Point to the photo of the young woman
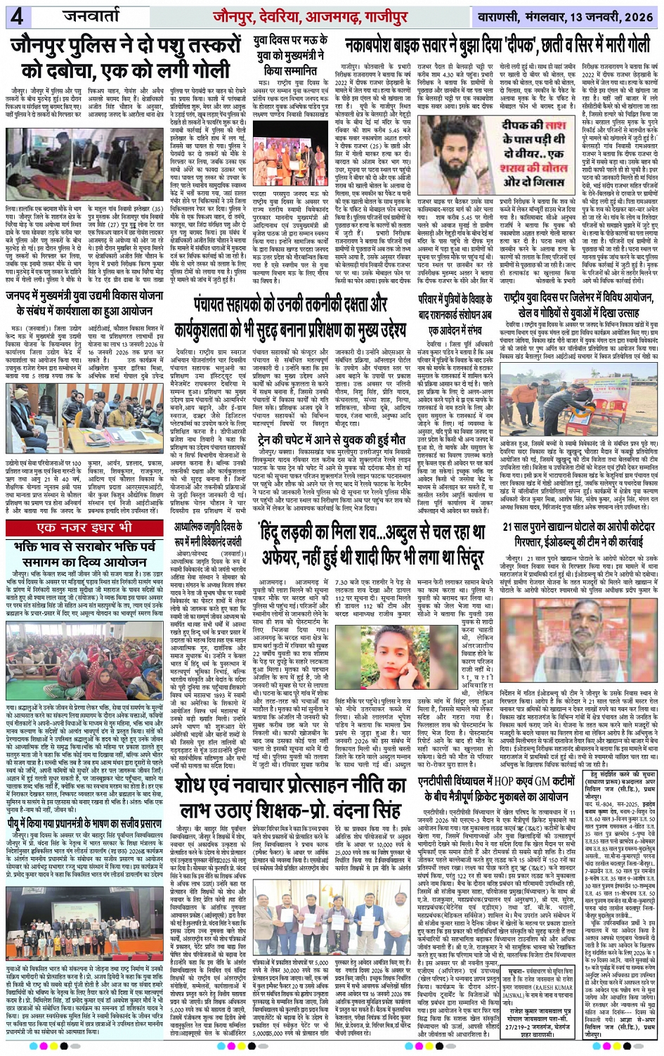click(379, 621)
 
